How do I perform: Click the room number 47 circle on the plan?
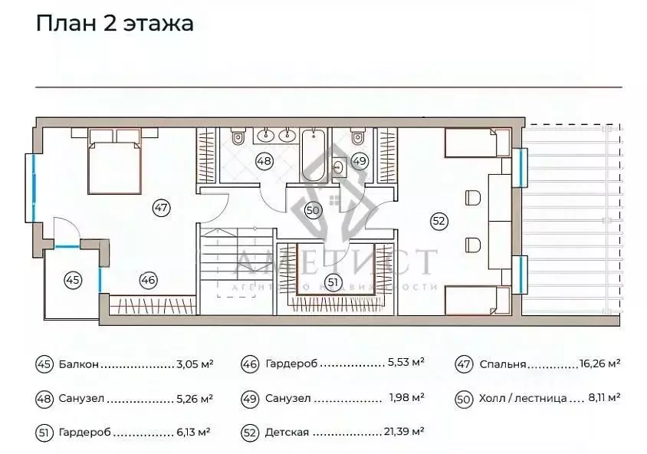point(160,207)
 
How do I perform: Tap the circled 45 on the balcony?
point(73,281)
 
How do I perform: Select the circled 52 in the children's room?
point(438,221)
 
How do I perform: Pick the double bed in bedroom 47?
point(114,161)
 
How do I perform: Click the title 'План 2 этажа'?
point(115,23)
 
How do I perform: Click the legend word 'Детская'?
point(287,433)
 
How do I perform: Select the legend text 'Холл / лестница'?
point(523,398)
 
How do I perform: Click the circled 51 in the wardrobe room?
point(332,282)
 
